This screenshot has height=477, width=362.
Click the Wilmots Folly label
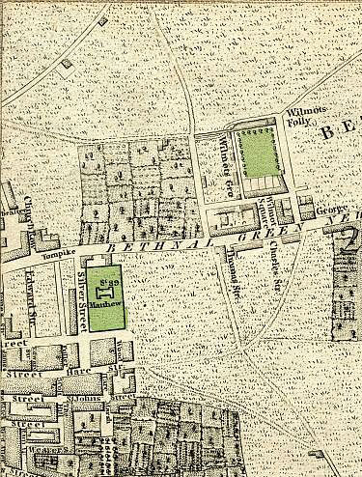point(300,120)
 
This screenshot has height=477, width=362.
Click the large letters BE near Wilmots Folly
point(339,131)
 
